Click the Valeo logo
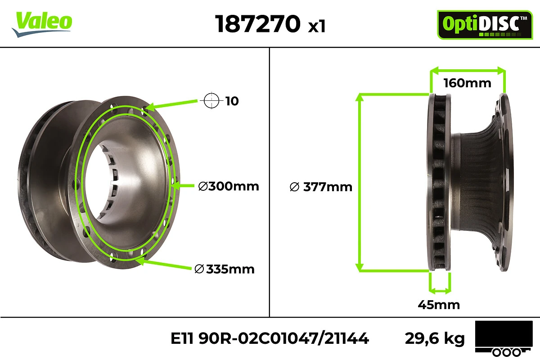tap(42, 24)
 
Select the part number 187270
tap(258, 24)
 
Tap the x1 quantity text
tap(317, 26)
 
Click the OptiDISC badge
tap(485, 25)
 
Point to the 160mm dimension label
tap(467, 83)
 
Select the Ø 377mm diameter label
tap(321, 187)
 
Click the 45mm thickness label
tap(439, 305)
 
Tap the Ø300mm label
tap(229, 186)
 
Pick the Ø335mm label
tap(225, 269)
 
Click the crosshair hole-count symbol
tap(211, 100)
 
